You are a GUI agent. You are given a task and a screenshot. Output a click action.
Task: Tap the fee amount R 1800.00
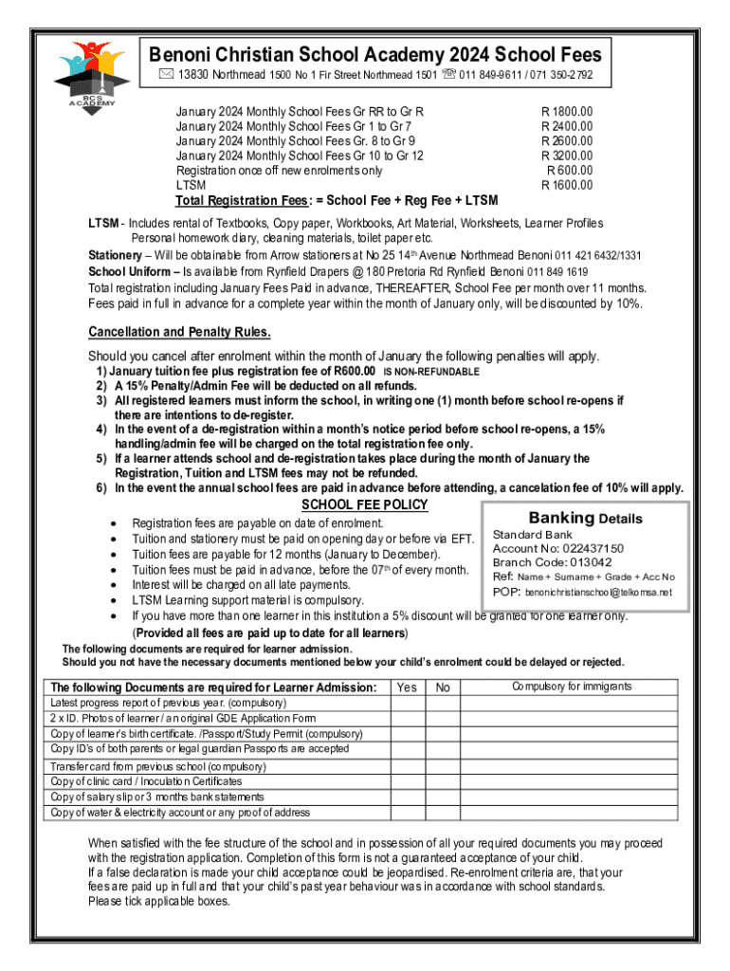point(567,112)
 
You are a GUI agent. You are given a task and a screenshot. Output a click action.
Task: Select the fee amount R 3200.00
point(567,156)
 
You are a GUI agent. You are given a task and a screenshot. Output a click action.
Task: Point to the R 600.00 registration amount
point(569,171)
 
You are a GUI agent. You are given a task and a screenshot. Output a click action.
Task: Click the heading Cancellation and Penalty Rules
point(179,332)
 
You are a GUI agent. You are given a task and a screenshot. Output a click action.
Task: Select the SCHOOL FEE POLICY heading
point(364,504)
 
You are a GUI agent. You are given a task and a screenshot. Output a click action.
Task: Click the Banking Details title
point(585,519)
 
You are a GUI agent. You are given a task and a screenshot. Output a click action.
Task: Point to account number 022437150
point(584,548)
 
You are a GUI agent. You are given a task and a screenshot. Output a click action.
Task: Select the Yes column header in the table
point(407,687)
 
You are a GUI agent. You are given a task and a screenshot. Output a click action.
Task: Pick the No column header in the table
point(443,687)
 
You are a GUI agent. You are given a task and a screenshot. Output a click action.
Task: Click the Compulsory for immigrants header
point(572,687)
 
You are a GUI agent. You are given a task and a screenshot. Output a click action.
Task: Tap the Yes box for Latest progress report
point(407,703)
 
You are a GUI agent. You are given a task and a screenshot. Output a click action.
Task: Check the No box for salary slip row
point(443,797)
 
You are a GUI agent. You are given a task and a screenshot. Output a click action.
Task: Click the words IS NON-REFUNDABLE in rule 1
point(431,372)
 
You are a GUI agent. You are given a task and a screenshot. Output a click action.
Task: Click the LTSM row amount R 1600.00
point(567,186)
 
